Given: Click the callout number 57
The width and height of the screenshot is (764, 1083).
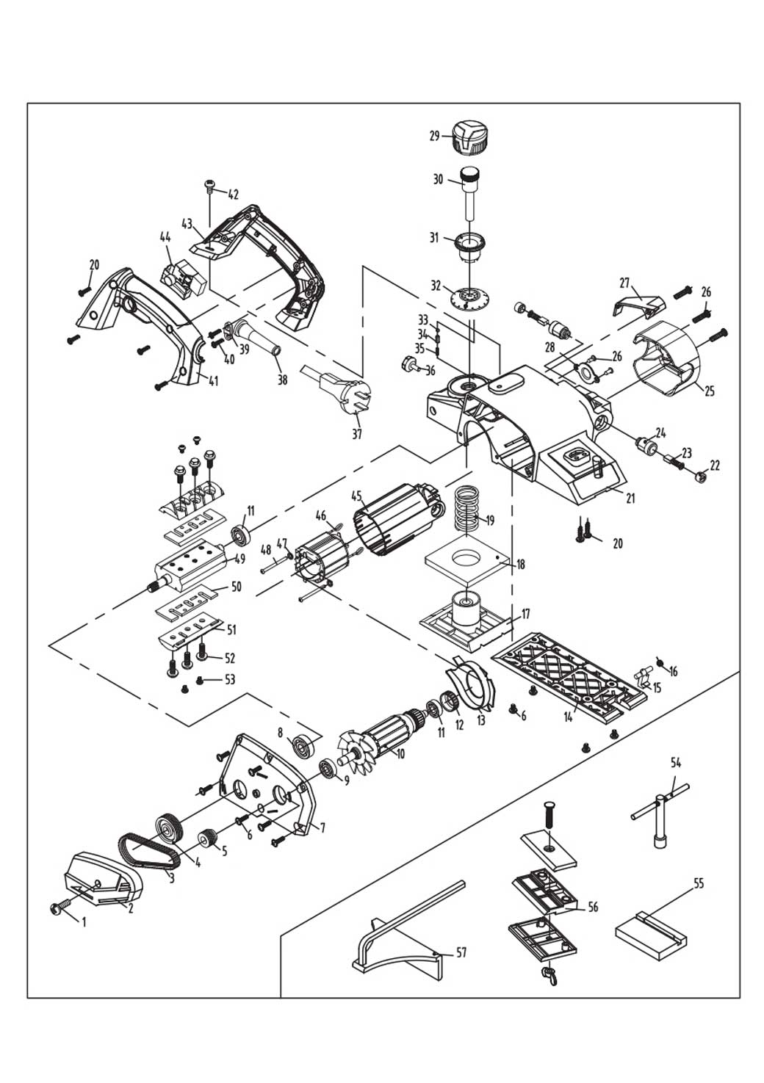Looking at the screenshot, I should [x=461, y=953].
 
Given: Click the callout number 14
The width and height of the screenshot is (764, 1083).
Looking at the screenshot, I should [x=568, y=717].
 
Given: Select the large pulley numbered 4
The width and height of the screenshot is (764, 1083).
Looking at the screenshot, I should [x=168, y=830].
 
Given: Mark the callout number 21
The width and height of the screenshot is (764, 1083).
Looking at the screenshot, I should [x=630, y=499].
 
